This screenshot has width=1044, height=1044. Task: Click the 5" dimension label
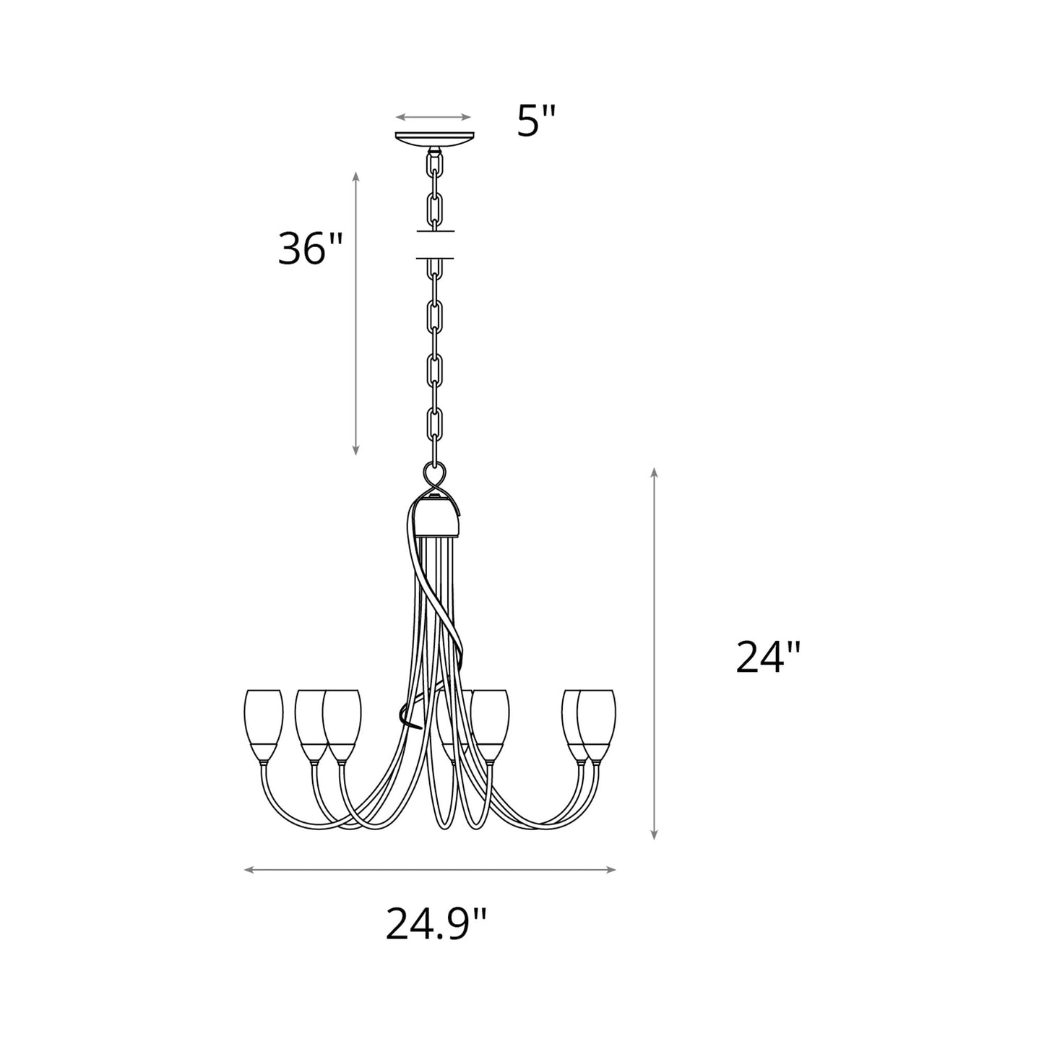coord(538,121)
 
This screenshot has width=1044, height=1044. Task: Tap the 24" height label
coord(768,657)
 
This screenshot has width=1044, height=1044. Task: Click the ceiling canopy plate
coord(433,138)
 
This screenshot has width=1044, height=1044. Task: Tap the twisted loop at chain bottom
coord(434,478)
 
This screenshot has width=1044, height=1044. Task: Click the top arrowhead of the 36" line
coord(355,177)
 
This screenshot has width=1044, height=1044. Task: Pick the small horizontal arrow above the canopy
coord(433,117)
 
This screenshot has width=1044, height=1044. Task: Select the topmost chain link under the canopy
coord(435,168)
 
